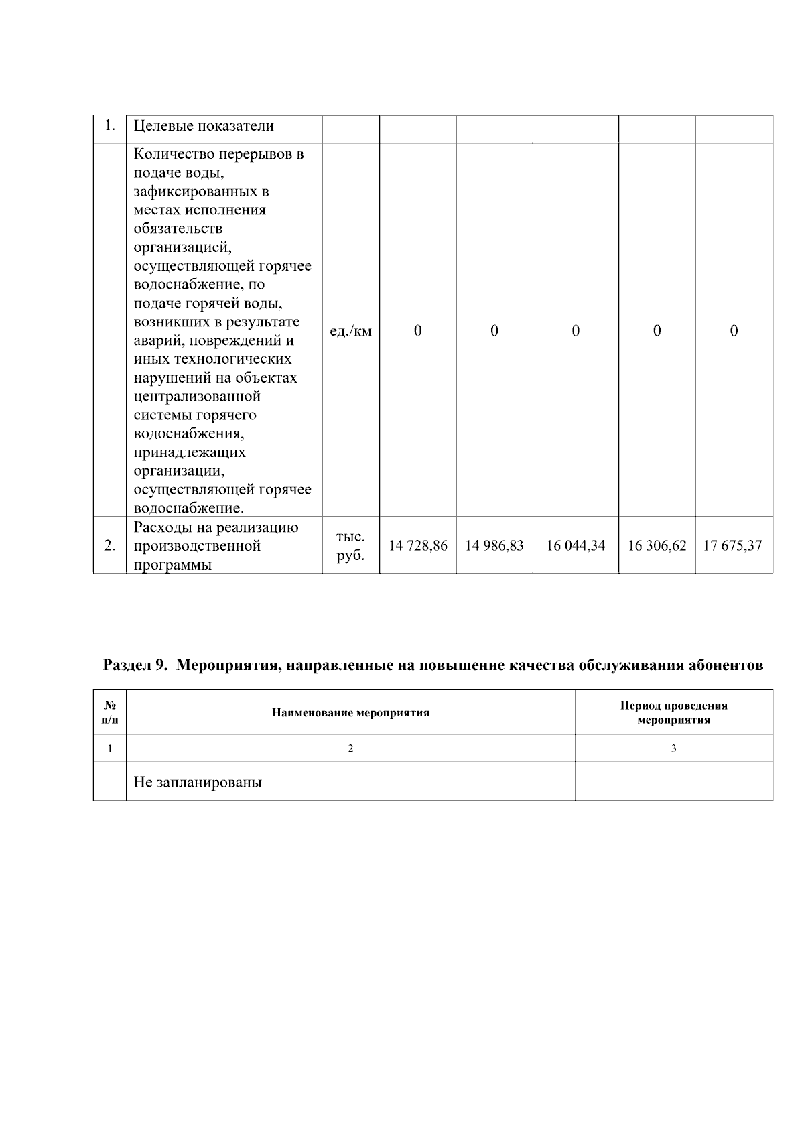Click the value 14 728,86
click(x=417, y=546)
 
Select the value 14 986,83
click(x=494, y=546)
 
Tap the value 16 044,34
click(x=576, y=546)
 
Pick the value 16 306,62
click(x=657, y=546)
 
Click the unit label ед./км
click(x=350, y=332)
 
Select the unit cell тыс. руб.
click(x=350, y=546)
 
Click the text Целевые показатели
click(x=204, y=126)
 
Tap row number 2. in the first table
click(x=110, y=546)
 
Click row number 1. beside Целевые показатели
click(x=111, y=125)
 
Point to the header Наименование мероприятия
click(x=350, y=713)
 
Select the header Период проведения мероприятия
click(x=673, y=713)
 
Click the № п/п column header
click(x=110, y=713)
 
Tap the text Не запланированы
click(x=198, y=782)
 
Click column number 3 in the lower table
click(x=673, y=749)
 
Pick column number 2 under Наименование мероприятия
click(x=350, y=749)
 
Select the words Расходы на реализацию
click(x=216, y=528)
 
